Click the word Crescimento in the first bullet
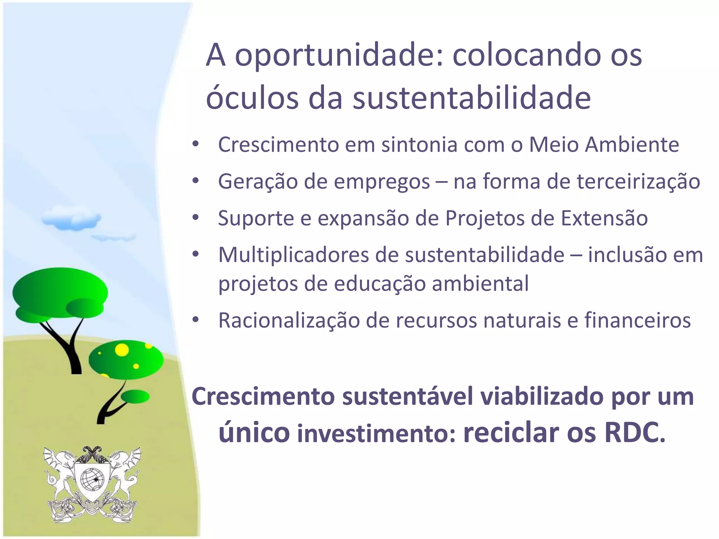278,145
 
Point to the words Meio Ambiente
604,145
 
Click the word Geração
258,181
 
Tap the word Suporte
256,218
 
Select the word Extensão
604,218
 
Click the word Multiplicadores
293,255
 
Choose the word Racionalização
289,320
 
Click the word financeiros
638,320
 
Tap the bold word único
254,433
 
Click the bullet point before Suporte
196,218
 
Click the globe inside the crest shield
92,479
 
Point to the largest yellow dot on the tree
122,350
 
